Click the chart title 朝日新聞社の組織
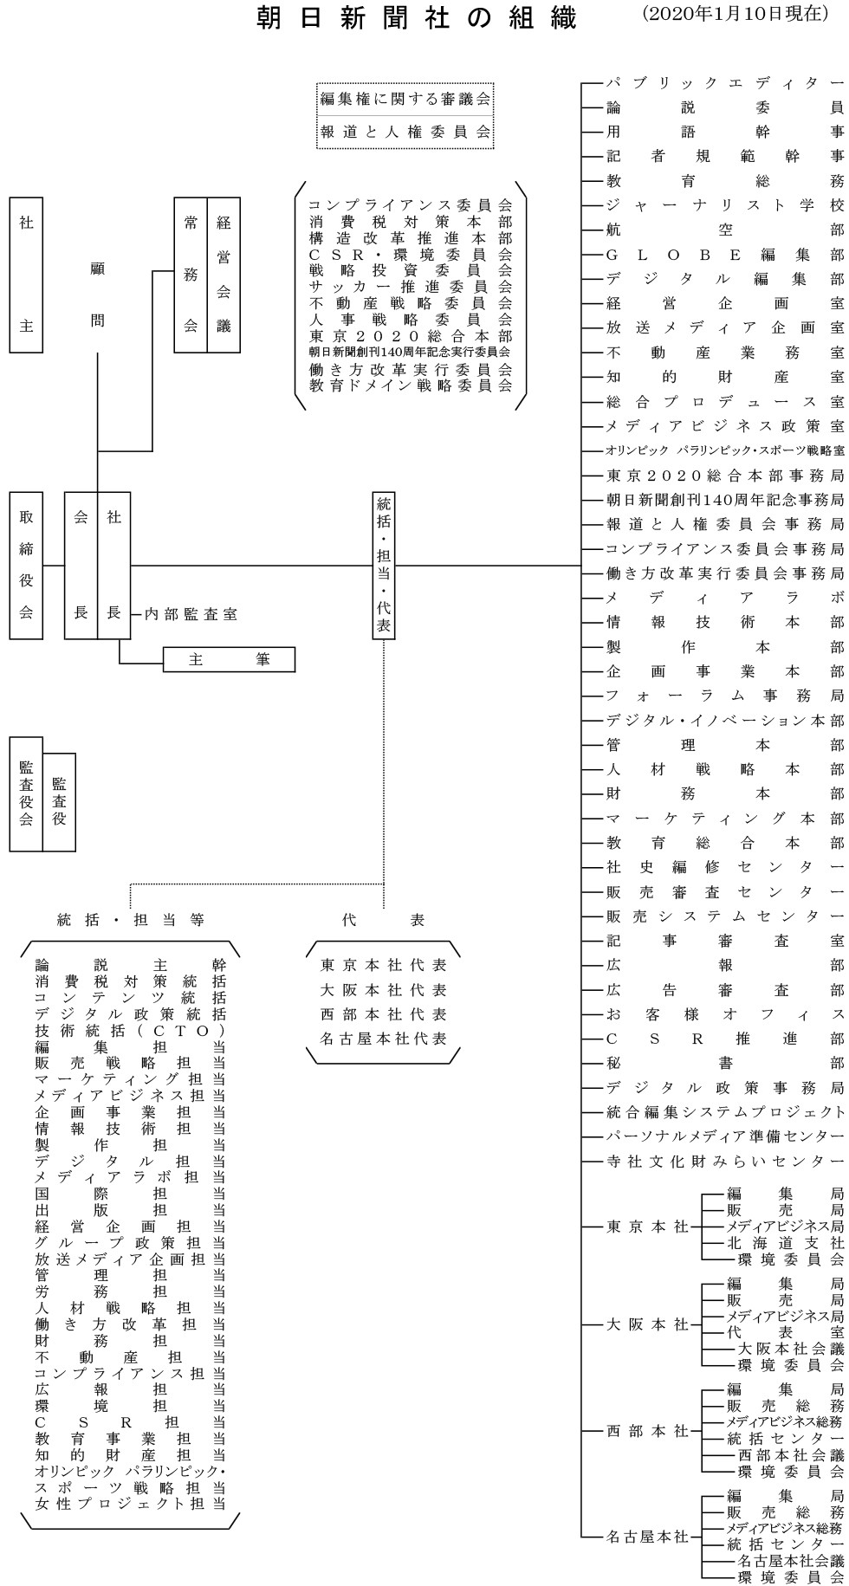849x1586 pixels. point(417,19)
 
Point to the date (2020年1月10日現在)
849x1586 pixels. point(736,16)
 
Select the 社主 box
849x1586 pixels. point(26,275)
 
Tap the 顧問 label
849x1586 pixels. point(98,295)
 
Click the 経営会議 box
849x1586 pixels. point(224,275)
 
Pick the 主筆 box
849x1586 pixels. point(229,659)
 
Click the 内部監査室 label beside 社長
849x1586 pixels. point(191,614)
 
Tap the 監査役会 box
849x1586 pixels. point(26,793)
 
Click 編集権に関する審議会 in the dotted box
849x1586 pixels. point(405,100)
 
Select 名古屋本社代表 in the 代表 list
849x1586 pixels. point(383,1038)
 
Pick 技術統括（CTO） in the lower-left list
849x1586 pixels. point(130,1031)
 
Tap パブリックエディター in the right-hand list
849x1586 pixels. point(724,83)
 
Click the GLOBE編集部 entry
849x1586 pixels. point(724,255)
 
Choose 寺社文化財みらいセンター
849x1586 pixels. point(724,1161)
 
